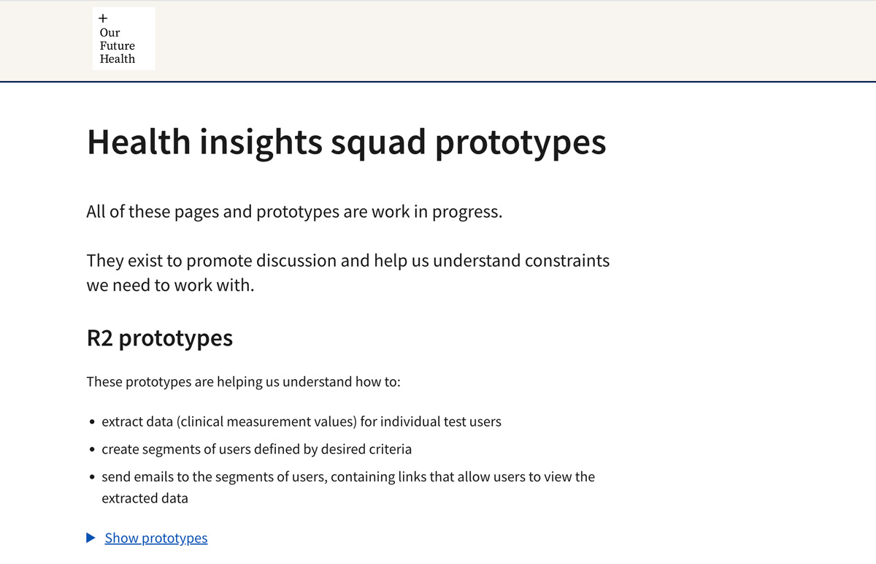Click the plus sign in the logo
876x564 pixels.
point(103,18)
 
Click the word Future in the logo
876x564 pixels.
point(118,46)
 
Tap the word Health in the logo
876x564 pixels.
point(118,59)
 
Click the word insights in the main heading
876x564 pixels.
point(261,142)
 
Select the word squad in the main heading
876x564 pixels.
point(378,143)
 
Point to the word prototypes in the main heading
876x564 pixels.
point(520,143)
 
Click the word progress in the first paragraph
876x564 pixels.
point(467,212)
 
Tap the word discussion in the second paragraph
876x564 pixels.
point(296,261)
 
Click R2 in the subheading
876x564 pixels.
point(100,338)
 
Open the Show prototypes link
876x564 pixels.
point(156,538)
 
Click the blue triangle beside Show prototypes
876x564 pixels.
point(91,538)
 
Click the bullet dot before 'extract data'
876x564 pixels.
point(92,422)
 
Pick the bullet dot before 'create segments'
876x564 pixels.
point(92,449)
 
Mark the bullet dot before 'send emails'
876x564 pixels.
point(92,477)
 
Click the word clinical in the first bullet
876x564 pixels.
point(200,422)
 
